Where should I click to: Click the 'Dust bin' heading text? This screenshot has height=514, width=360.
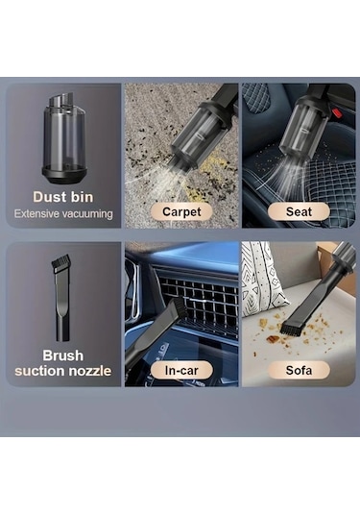(63, 197)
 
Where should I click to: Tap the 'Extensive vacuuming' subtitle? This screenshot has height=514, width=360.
(63, 214)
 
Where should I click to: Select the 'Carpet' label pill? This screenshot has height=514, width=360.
(181, 211)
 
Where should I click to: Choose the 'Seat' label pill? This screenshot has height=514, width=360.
(299, 211)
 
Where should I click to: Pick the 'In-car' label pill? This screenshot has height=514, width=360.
(181, 371)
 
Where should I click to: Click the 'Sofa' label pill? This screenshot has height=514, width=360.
(299, 371)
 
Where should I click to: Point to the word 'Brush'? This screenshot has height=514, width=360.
(63, 355)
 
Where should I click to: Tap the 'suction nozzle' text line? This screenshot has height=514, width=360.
(63, 371)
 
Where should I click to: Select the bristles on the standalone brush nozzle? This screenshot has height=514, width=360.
(60, 263)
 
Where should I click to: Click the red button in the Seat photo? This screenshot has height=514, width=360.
(337, 114)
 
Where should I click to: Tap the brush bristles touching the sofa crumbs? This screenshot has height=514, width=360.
(290, 330)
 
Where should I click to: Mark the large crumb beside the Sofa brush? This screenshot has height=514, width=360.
(273, 339)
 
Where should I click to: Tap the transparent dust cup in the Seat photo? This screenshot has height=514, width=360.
(304, 130)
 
